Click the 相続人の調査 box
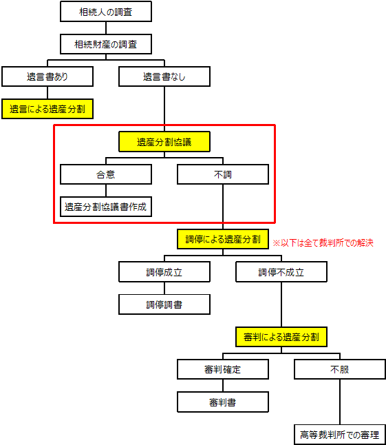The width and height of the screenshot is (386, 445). click(x=106, y=11)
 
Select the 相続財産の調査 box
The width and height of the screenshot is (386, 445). click(x=106, y=44)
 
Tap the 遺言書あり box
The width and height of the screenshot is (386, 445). click(x=47, y=76)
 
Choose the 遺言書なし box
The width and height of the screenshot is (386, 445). click(x=164, y=76)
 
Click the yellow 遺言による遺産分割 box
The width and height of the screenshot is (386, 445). click(x=47, y=109)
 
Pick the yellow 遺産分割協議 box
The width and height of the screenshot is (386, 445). click(x=164, y=141)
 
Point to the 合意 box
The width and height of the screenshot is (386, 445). click(x=106, y=174)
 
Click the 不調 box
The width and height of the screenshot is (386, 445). click(x=223, y=174)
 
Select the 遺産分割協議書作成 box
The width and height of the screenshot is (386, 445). click(x=106, y=207)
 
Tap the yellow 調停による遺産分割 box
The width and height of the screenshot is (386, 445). click(x=223, y=239)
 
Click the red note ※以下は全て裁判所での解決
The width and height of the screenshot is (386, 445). click(x=323, y=243)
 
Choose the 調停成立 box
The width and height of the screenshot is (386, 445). click(x=164, y=271)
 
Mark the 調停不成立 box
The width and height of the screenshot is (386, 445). click(x=281, y=271)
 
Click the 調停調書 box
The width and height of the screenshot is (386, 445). click(x=164, y=304)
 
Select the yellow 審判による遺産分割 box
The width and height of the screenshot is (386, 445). click(x=281, y=337)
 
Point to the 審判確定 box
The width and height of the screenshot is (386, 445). click(x=223, y=369)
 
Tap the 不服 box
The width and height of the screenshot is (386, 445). click(x=340, y=369)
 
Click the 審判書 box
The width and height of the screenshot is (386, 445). click(x=223, y=402)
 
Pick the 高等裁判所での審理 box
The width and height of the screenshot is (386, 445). click(x=340, y=435)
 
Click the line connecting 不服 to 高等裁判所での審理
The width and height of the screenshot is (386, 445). click(x=340, y=402)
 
